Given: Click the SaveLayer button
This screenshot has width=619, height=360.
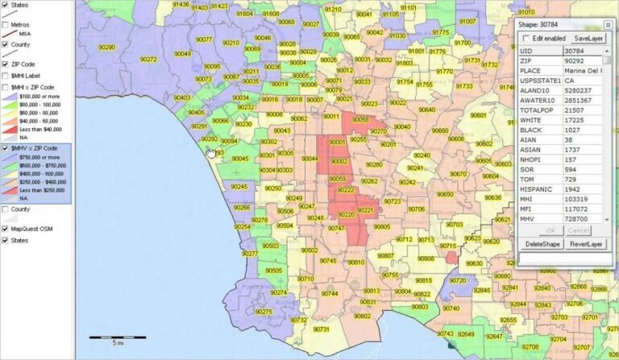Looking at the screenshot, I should click(588, 38).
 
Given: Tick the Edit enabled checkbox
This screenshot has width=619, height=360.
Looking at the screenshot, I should click(527, 38).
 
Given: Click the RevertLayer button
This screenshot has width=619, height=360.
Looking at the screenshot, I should click(586, 243).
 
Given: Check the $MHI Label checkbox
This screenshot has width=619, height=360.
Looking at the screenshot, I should click(6, 76).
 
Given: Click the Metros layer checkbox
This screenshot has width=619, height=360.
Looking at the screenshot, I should click(6, 25).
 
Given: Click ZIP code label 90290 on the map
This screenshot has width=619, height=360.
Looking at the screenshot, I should click(106, 48).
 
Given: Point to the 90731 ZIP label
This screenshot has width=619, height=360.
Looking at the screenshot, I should click(322, 329).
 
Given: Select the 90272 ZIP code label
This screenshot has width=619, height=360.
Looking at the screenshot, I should click(148, 59).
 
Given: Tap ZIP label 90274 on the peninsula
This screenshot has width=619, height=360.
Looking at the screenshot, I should click(278, 292).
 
